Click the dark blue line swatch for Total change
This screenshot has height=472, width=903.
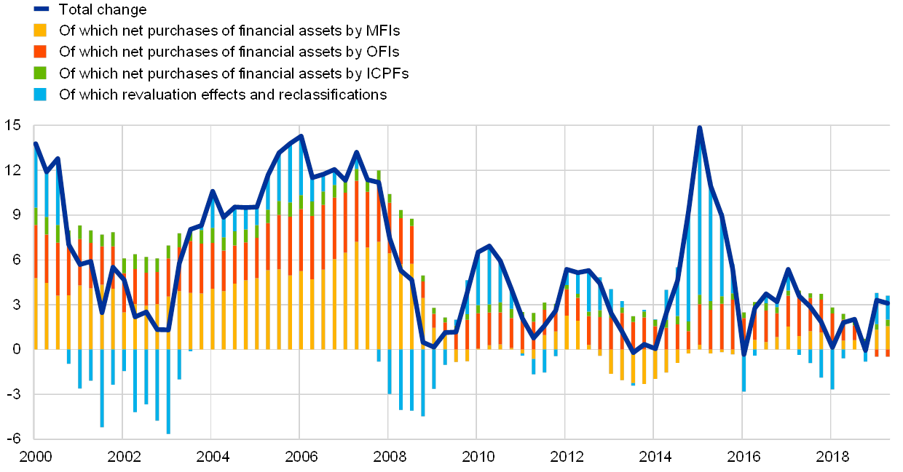point(40,9)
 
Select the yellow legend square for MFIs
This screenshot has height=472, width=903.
point(40,31)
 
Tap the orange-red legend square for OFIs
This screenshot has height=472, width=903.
point(40,52)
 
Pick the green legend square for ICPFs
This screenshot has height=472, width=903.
point(40,73)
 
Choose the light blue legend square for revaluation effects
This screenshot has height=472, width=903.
point(40,95)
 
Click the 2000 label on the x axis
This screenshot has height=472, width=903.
point(35,457)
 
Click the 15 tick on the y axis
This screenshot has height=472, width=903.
point(12,125)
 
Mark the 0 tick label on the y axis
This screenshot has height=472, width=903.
point(15,349)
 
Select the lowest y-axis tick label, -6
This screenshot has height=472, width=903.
point(12,439)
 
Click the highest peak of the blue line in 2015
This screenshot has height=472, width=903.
point(699,129)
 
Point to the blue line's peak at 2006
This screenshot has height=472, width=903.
point(301,136)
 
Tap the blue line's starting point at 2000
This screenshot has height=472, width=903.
point(36,143)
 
